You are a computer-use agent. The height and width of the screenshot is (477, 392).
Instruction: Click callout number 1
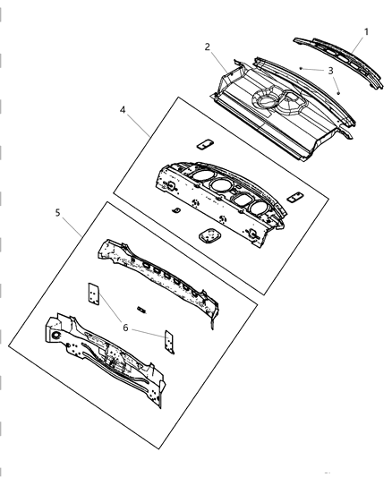point(365,31)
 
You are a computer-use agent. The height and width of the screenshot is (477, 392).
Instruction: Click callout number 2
point(207,46)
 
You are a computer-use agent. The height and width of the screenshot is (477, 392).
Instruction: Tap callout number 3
point(331,70)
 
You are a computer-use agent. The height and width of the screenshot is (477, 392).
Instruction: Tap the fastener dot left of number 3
point(303,68)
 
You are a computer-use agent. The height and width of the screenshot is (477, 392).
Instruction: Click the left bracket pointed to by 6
point(92,294)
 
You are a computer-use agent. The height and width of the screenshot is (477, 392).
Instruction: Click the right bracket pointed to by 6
point(166,342)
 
